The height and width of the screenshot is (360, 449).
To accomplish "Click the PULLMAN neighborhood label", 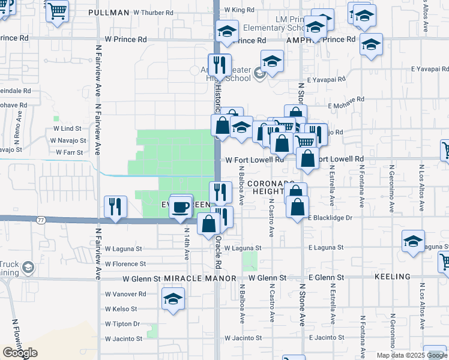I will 108,12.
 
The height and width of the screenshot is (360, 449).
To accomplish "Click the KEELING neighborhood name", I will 392,277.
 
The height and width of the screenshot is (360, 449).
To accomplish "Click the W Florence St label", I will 125,263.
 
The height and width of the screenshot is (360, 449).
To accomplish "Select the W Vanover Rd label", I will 125,294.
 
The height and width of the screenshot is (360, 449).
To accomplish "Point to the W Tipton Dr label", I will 122,324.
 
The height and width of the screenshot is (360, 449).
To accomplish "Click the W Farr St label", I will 70,152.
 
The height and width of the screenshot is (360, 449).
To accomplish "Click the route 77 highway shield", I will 41,220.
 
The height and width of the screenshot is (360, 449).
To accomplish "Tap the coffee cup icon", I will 180,207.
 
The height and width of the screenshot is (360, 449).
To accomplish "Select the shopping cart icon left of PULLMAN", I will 58,10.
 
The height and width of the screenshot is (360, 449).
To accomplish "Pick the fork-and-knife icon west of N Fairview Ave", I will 115,206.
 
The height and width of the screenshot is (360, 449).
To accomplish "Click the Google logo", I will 20,353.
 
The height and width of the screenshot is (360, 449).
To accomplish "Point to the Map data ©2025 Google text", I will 412,355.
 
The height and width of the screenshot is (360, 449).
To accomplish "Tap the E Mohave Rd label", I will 346,100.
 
